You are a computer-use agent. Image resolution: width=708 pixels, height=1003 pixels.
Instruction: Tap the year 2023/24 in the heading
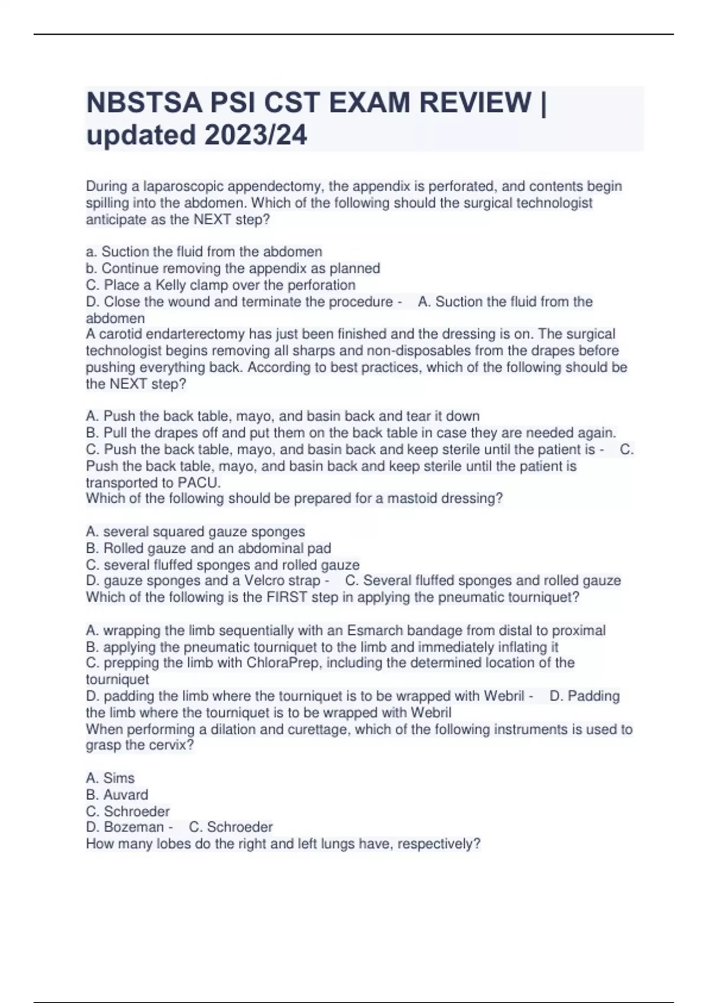coord(256,135)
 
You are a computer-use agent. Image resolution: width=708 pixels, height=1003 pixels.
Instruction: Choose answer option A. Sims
coord(110,778)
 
